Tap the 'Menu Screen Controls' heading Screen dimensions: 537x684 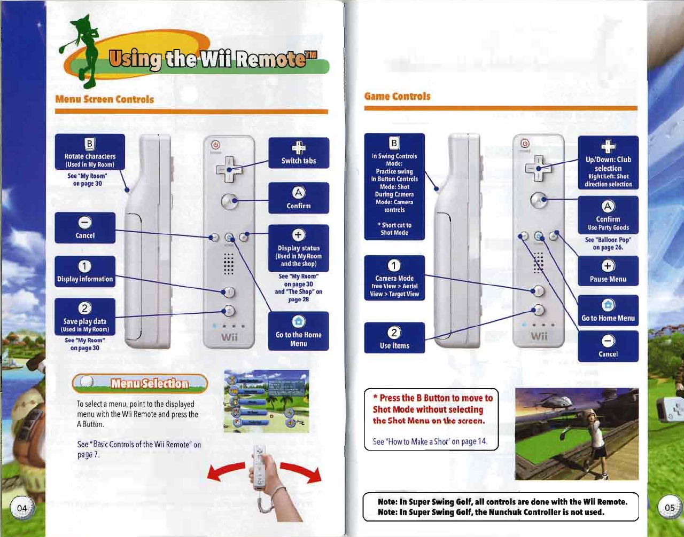[105, 99]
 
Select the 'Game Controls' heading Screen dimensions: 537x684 [397, 97]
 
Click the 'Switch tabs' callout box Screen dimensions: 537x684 [298, 153]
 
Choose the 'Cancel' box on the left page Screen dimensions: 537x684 [85, 228]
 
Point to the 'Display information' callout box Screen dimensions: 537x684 [85, 272]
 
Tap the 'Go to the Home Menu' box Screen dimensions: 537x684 [298, 331]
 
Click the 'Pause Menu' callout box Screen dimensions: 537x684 [608, 272]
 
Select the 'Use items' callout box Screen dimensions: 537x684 [394, 338]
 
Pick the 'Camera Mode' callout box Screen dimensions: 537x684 [394, 279]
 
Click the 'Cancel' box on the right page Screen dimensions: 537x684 [608, 346]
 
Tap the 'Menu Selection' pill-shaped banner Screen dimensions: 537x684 [140, 383]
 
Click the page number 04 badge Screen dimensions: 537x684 [22, 508]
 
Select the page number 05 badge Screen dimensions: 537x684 [669, 508]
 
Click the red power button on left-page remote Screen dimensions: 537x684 [215, 145]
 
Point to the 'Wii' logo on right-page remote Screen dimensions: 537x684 [539, 336]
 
